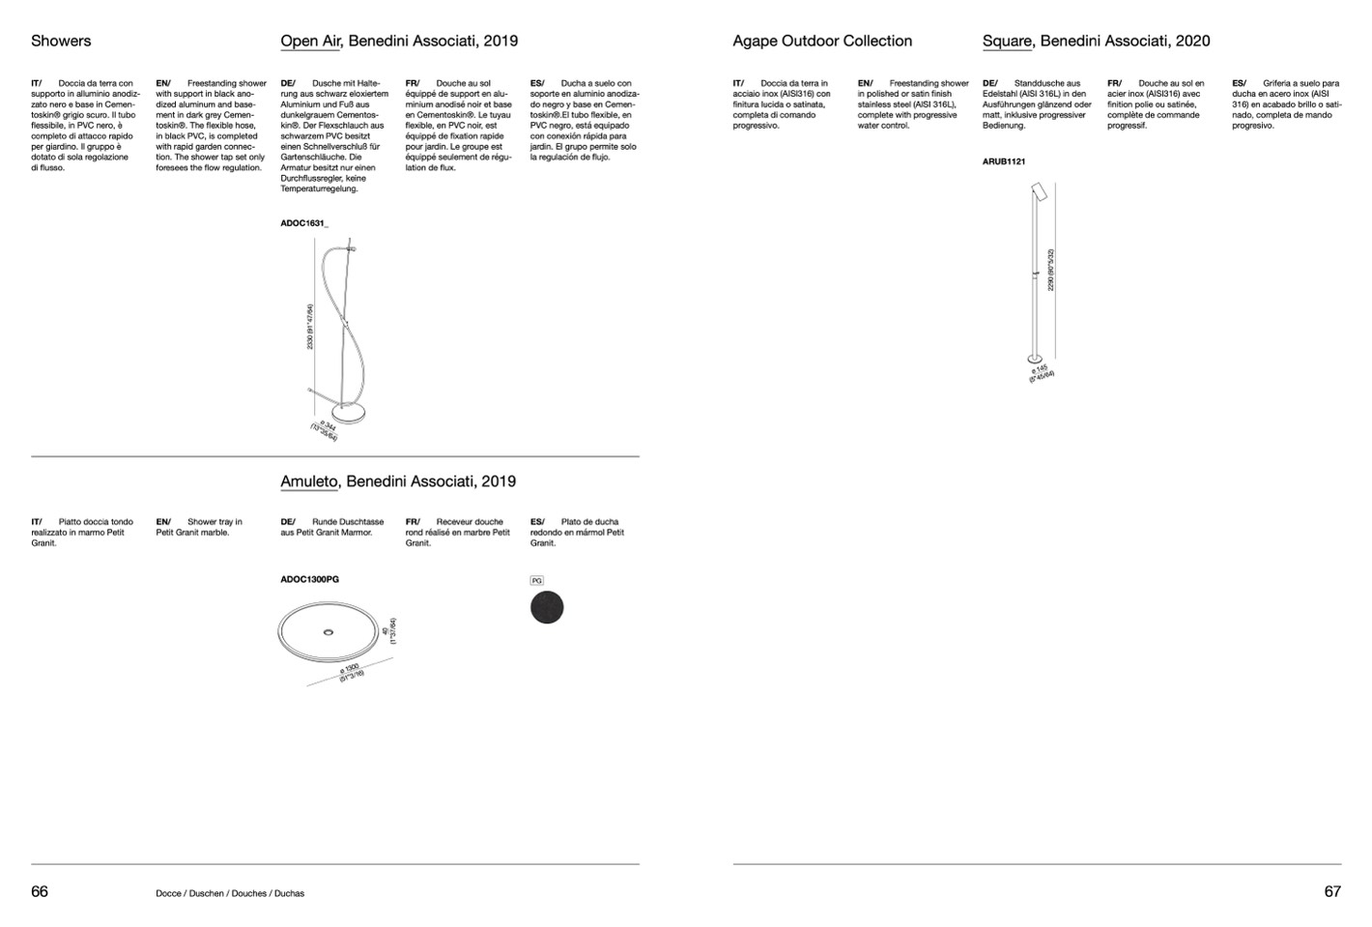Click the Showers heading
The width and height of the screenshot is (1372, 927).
[61, 41]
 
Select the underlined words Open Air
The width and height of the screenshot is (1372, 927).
[309, 41]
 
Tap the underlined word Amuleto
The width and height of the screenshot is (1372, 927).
[309, 481]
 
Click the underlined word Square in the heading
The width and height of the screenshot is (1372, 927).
[1007, 41]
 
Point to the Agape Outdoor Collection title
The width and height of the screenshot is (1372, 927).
[822, 41]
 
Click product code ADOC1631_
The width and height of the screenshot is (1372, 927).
[304, 223]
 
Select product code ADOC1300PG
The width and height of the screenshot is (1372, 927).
[309, 580]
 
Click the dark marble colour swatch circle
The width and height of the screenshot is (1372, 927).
[547, 608]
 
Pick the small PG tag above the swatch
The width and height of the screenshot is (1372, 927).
[537, 581]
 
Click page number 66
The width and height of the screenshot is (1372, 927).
[40, 891]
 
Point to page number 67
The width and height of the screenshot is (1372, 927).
[1332, 891]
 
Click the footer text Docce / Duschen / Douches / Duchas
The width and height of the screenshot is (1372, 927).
[230, 893]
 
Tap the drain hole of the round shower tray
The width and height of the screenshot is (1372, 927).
[329, 631]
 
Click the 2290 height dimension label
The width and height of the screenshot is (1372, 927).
[1050, 270]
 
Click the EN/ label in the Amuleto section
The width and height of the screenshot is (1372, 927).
[163, 522]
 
